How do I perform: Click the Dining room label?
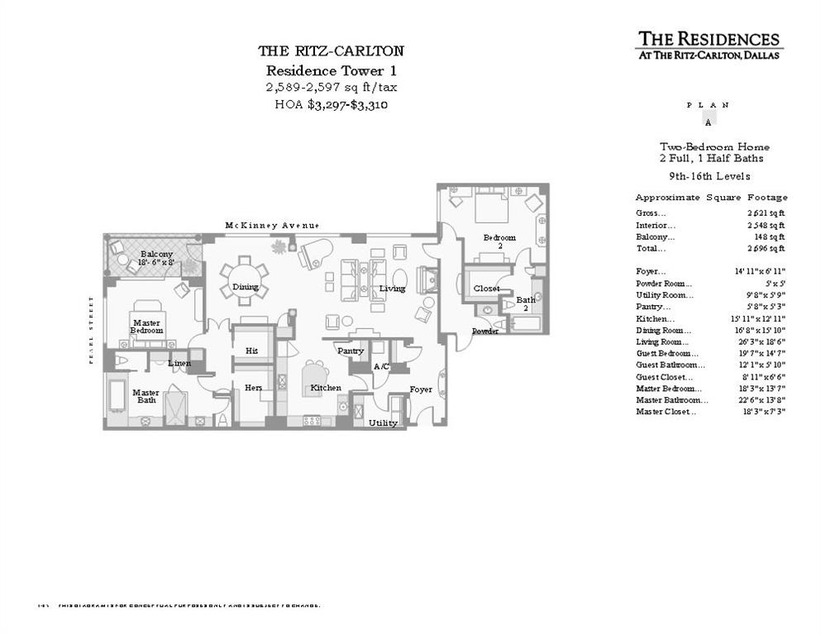246,288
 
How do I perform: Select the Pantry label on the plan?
351,351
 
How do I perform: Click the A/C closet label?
381,366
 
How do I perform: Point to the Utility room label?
383,423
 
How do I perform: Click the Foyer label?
421,389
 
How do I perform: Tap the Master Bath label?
146,397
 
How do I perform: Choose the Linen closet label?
179,363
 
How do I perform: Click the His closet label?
251,351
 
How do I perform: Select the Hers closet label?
252,388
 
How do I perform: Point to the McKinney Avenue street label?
272,226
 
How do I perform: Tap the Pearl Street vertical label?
93,330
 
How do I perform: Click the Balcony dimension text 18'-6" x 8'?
156,262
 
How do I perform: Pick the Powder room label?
484,332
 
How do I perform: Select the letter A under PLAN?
707,121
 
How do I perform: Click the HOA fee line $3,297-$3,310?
331,105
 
